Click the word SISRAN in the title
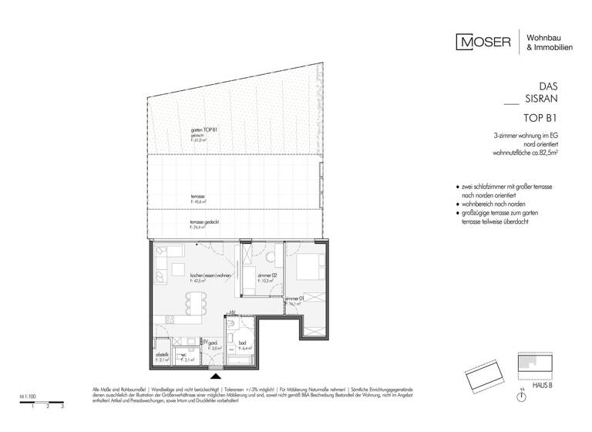(540, 100)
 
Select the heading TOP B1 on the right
(540, 119)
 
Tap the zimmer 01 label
(294, 299)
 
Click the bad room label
(243, 345)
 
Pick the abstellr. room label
(163, 356)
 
